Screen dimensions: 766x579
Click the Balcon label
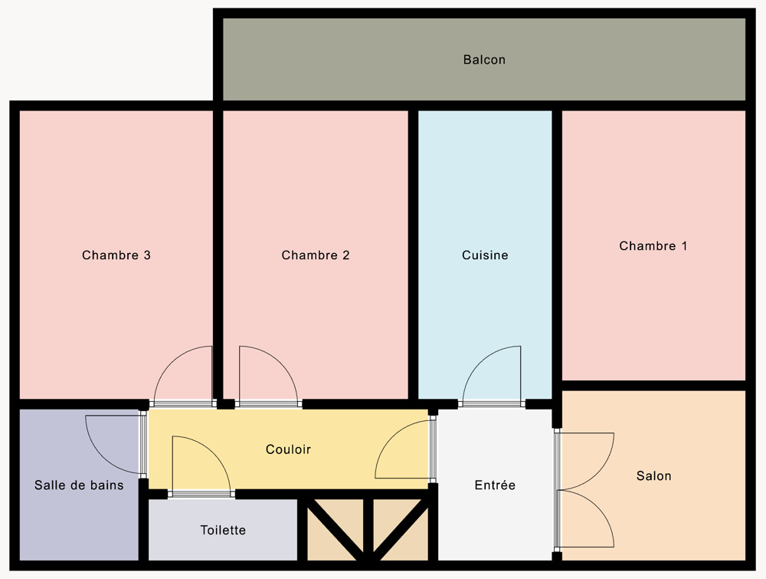pos(484,60)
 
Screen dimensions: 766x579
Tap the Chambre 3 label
pos(116,255)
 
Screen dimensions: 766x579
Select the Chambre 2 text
pos(316,255)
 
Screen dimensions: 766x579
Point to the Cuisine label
pos(485,255)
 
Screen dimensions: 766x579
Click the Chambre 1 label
pos(653,246)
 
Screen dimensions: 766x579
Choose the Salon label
pos(653,475)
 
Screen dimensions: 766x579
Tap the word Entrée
pos(495,485)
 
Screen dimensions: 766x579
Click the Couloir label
pos(288,449)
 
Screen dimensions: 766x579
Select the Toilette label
pos(223,530)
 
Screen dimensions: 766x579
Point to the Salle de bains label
pos(79,485)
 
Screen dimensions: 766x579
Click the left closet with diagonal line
pos(336,530)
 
